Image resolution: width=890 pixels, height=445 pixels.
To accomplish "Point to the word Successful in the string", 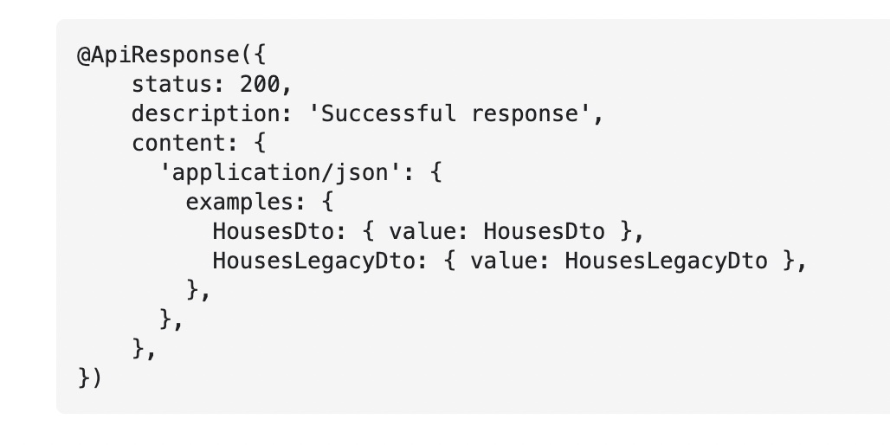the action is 389,114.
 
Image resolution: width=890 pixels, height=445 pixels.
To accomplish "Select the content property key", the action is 179,144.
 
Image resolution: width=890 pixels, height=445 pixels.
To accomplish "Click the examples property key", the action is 240,203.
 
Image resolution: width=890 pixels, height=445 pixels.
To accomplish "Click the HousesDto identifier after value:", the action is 544,232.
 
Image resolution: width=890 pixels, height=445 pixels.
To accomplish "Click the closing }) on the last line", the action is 90,378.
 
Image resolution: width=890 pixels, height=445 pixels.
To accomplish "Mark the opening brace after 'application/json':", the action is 435,173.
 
